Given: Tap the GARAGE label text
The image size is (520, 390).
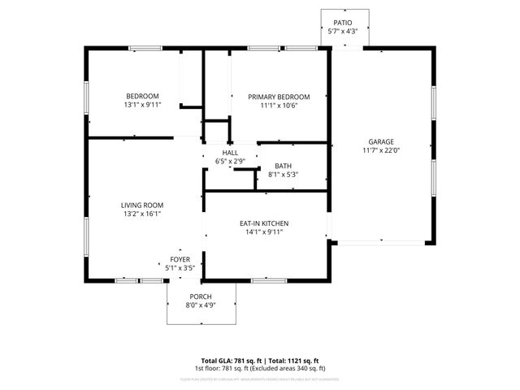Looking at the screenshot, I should tap(380, 141).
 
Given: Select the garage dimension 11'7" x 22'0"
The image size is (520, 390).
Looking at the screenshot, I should tap(380, 150).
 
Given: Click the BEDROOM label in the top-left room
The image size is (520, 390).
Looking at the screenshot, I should tap(142, 97).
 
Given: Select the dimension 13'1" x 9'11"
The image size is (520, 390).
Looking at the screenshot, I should tap(142, 106).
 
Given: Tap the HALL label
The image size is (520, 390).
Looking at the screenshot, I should tap(230, 153).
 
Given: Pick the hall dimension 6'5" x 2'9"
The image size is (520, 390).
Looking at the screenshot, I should tap(230, 162).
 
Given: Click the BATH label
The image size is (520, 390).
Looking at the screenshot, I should tap(283, 166).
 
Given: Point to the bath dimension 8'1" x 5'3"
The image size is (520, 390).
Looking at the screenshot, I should tap(283, 175).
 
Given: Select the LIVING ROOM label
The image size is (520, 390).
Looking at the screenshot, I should tap(142, 205).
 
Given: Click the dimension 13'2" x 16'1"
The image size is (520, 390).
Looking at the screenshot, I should tap(142, 214).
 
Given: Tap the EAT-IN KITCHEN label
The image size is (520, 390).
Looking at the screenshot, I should tap(264, 223).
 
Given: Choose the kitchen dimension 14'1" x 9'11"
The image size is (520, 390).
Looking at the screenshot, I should tap(264, 232).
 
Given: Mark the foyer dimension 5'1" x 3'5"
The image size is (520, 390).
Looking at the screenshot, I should tap(180, 267).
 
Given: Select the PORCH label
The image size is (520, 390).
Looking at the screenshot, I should tap(201, 296).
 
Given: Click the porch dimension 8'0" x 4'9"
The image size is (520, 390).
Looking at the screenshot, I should tap(201, 305).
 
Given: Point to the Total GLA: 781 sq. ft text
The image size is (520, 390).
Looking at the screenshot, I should tap(230, 361).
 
